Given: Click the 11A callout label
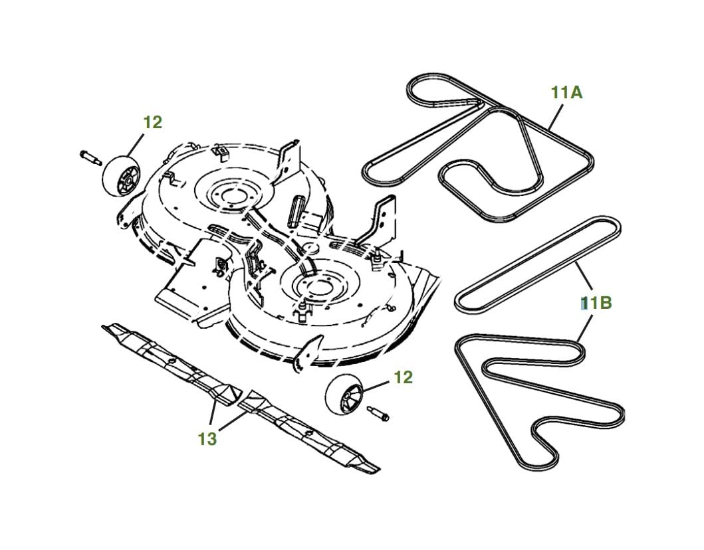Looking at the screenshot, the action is [x=566, y=92].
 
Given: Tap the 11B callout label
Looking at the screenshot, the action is [x=596, y=304].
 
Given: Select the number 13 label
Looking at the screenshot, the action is [x=207, y=439].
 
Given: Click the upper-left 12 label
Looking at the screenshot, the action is [x=153, y=122].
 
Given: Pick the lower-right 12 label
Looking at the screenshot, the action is [x=403, y=378].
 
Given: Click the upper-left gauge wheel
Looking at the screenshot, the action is [x=121, y=176].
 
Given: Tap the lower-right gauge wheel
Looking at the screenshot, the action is [x=344, y=393].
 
